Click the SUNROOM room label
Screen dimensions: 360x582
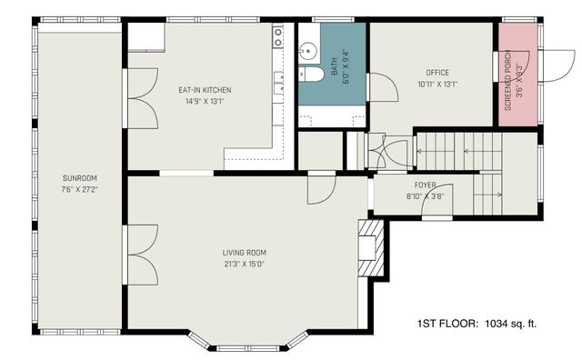pos(80,177)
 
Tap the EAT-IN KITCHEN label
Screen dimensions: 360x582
pos(205,90)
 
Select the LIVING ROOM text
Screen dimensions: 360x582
pos(244,252)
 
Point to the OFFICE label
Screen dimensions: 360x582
pos(437,73)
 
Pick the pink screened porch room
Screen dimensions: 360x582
pos(516,73)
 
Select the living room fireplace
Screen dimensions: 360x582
pos(369,245)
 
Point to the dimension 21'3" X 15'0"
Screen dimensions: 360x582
pos(244,265)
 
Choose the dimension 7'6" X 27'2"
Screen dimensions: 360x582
pos(80,190)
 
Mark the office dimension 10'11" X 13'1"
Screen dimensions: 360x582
pos(437,85)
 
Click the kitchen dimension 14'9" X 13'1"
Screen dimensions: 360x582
pos(205,102)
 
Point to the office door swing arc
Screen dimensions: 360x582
pos(382,88)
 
